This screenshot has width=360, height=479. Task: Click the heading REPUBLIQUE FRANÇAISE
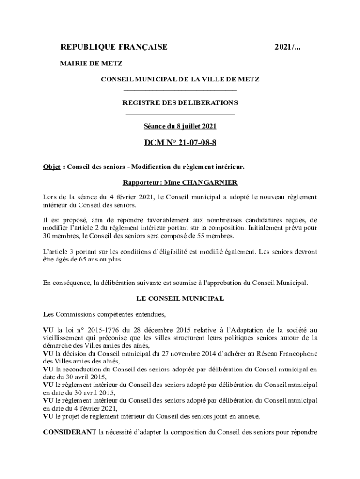tap(114, 47)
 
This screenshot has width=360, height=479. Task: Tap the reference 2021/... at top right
tap(287, 47)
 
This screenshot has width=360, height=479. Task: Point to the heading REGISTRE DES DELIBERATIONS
tap(180, 102)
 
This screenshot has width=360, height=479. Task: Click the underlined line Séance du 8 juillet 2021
tap(180, 126)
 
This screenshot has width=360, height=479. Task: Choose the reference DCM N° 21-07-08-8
tap(180, 142)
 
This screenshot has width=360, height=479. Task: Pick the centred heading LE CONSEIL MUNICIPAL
tap(180, 298)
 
